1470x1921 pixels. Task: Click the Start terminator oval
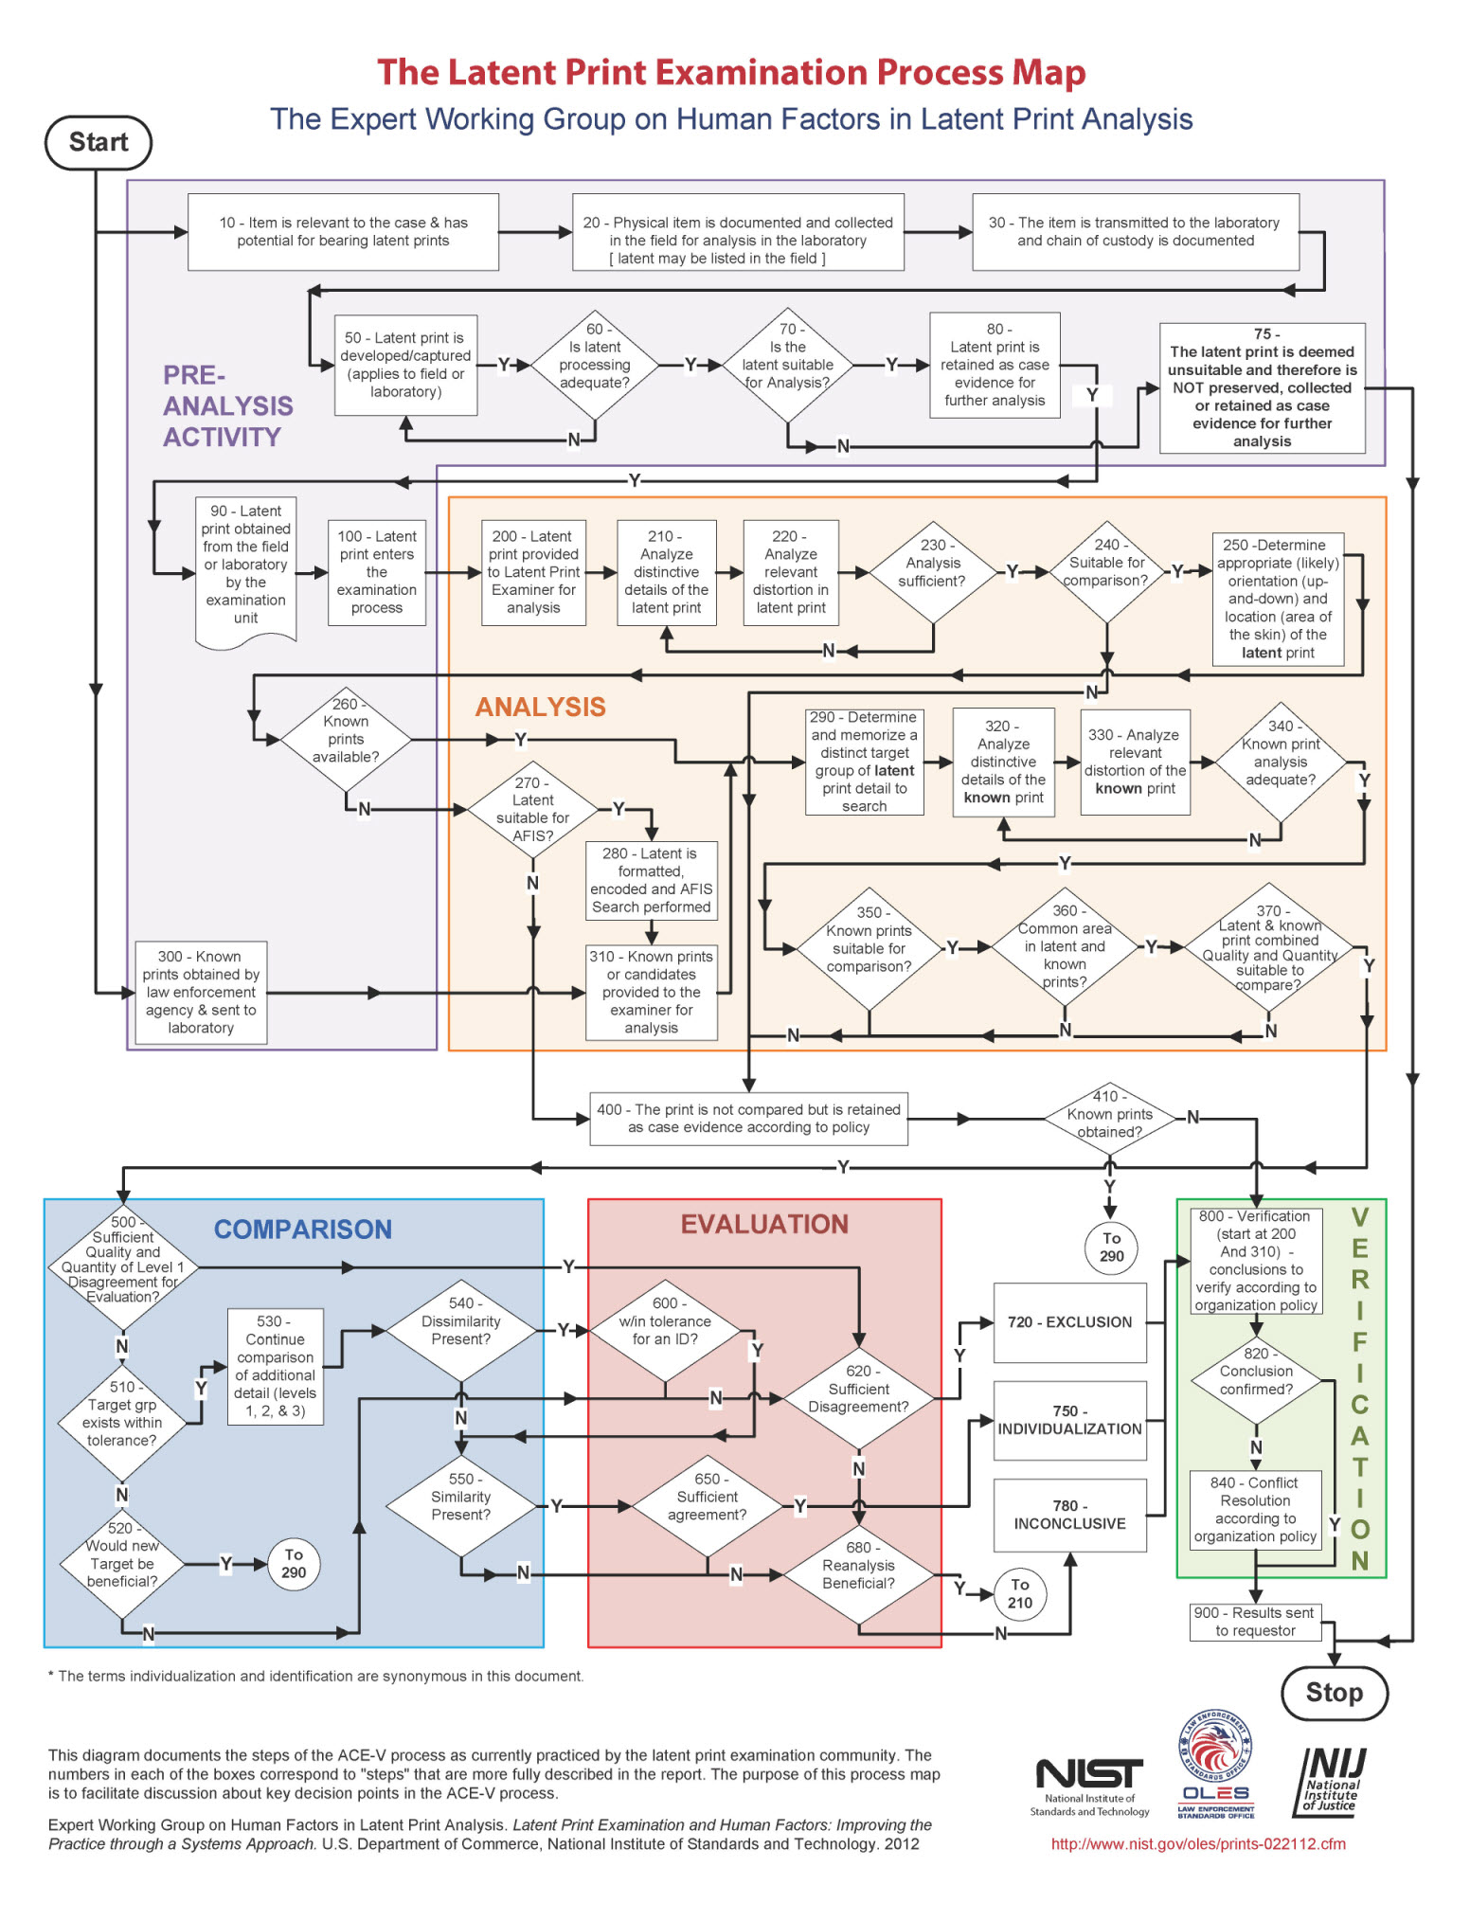click(99, 143)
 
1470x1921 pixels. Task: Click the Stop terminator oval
click(1334, 1693)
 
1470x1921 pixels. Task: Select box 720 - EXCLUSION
click(1069, 1322)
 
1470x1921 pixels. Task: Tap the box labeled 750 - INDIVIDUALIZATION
click(1069, 1420)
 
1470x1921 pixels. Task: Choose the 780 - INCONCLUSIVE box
click(1069, 1515)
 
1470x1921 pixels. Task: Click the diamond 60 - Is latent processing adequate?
click(594, 365)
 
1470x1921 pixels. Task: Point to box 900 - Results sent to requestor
click(1255, 1622)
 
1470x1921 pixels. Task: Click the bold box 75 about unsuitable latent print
click(1262, 388)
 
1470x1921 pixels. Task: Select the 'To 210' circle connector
click(1019, 1593)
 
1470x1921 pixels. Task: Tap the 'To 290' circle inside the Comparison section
click(294, 1564)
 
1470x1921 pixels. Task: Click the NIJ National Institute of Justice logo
click(1331, 1782)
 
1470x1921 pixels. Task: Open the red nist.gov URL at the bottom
click(1198, 1843)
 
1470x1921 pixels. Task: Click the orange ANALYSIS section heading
click(540, 708)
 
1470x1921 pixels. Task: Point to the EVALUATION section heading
click(764, 1225)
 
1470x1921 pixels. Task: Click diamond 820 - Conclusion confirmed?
click(1256, 1380)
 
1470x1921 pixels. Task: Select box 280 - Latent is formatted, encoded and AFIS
click(652, 880)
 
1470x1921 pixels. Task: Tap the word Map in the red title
click(1049, 73)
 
